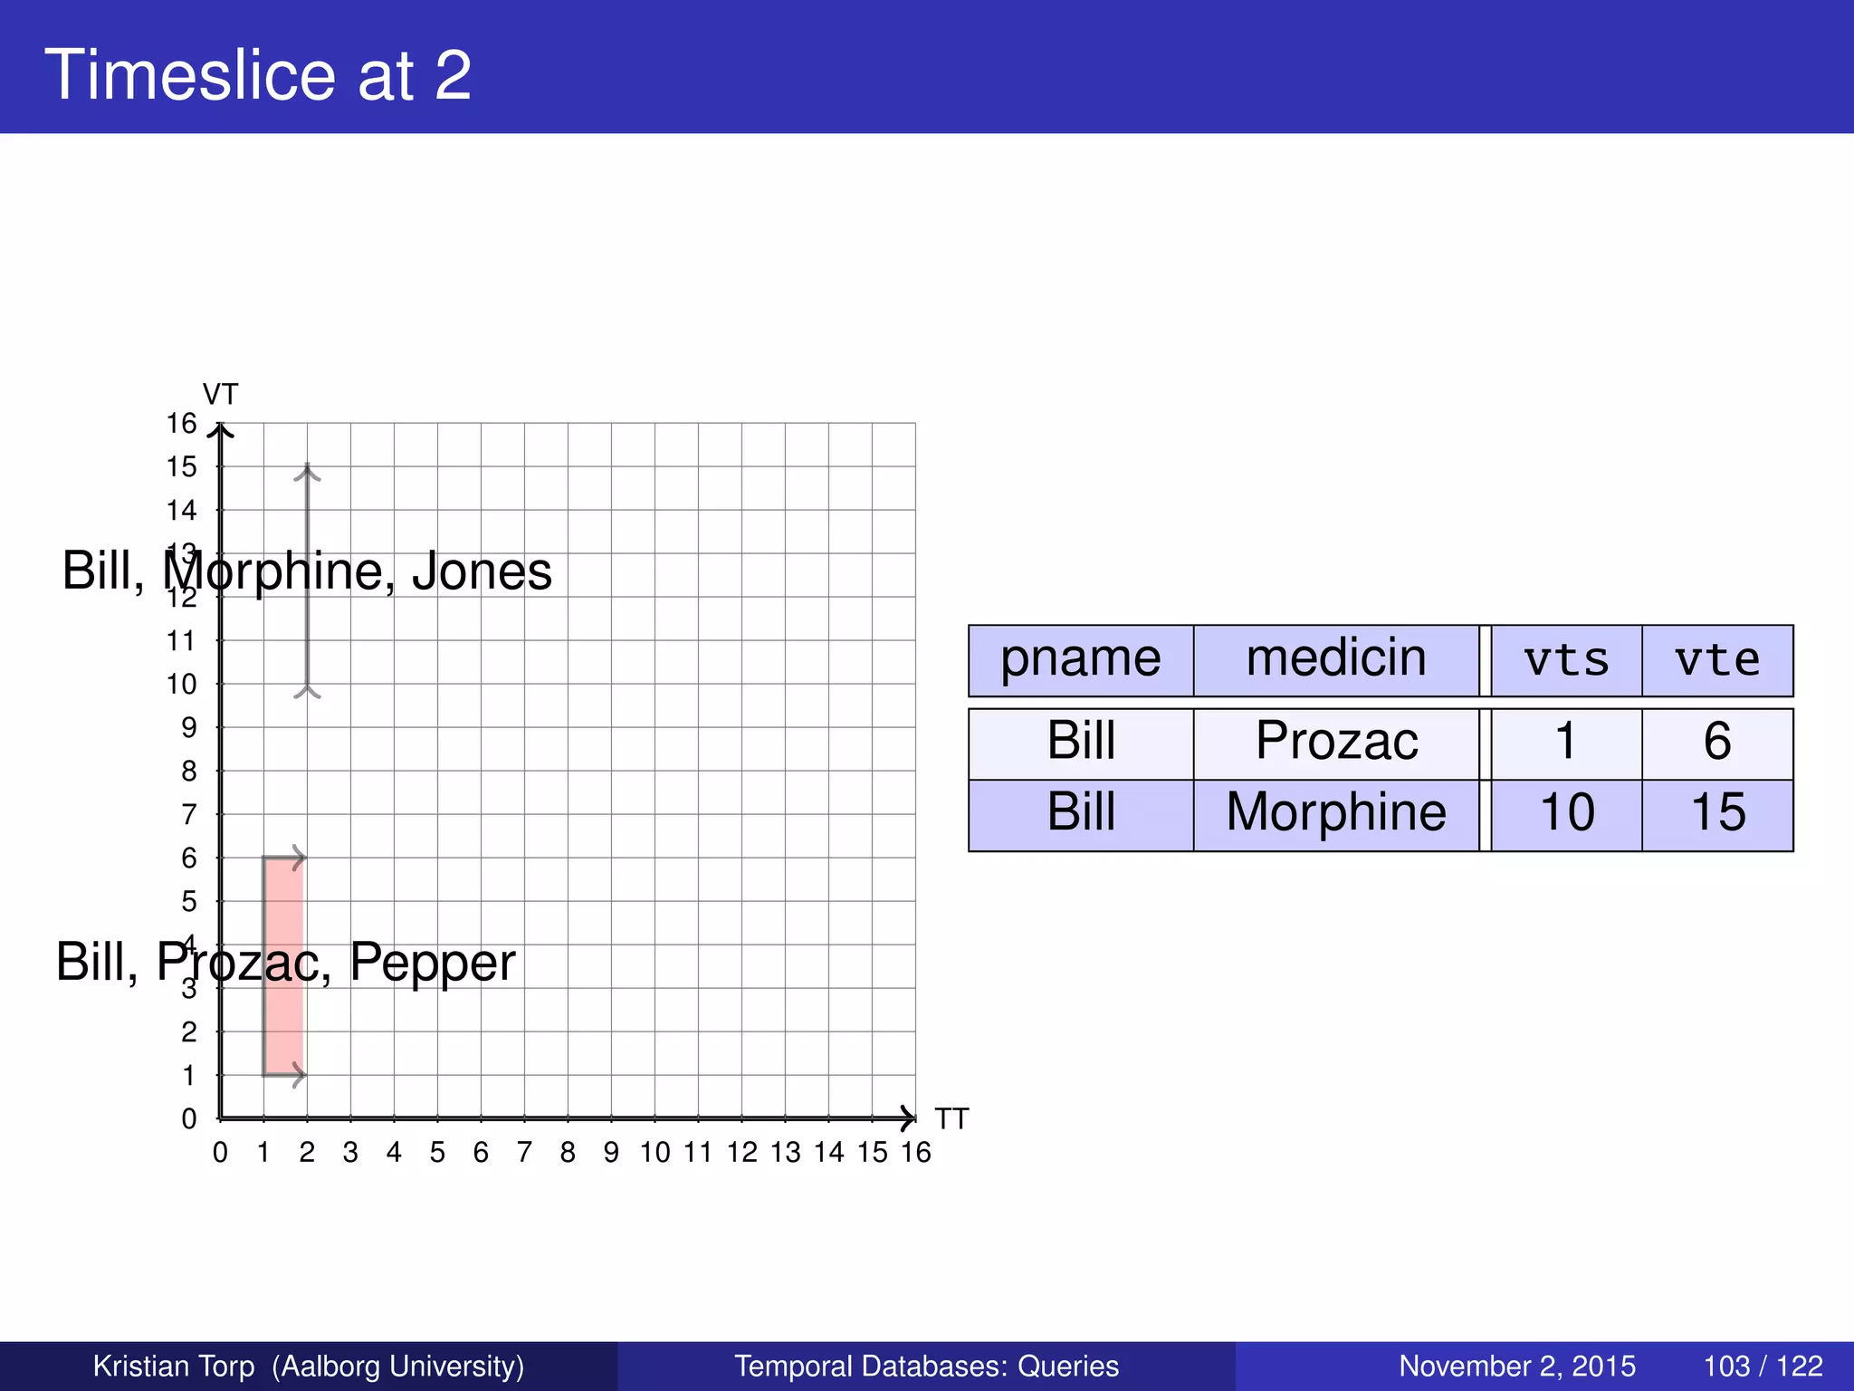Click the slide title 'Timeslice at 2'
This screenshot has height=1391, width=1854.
coord(258,74)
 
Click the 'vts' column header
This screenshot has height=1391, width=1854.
coord(1566,660)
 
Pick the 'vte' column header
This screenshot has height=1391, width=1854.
coord(1717,660)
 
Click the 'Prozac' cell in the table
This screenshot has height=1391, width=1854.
coord(1336,742)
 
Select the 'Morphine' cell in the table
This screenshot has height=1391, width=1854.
coord(1336,812)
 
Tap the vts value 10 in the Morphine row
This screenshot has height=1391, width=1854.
coord(1566,812)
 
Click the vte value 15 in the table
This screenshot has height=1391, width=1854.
coord(1717,812)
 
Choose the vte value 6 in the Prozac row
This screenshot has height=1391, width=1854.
coord(1717,742)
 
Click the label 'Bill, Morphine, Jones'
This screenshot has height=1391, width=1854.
coord(307,571)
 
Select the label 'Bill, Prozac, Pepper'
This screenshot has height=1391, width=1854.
coord(285,962)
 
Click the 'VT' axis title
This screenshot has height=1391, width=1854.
coord(220,395)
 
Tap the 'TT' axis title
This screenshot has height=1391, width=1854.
coord(951,1119)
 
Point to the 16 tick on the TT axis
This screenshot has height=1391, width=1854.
coord(915,1153)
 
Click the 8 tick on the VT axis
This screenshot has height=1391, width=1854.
coord(188,772)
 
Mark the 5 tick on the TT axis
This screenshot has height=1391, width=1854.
coord(437,1153)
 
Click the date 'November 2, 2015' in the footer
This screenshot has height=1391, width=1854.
coord(1517,1366)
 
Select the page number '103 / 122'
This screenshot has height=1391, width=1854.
coord(1763,1366)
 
